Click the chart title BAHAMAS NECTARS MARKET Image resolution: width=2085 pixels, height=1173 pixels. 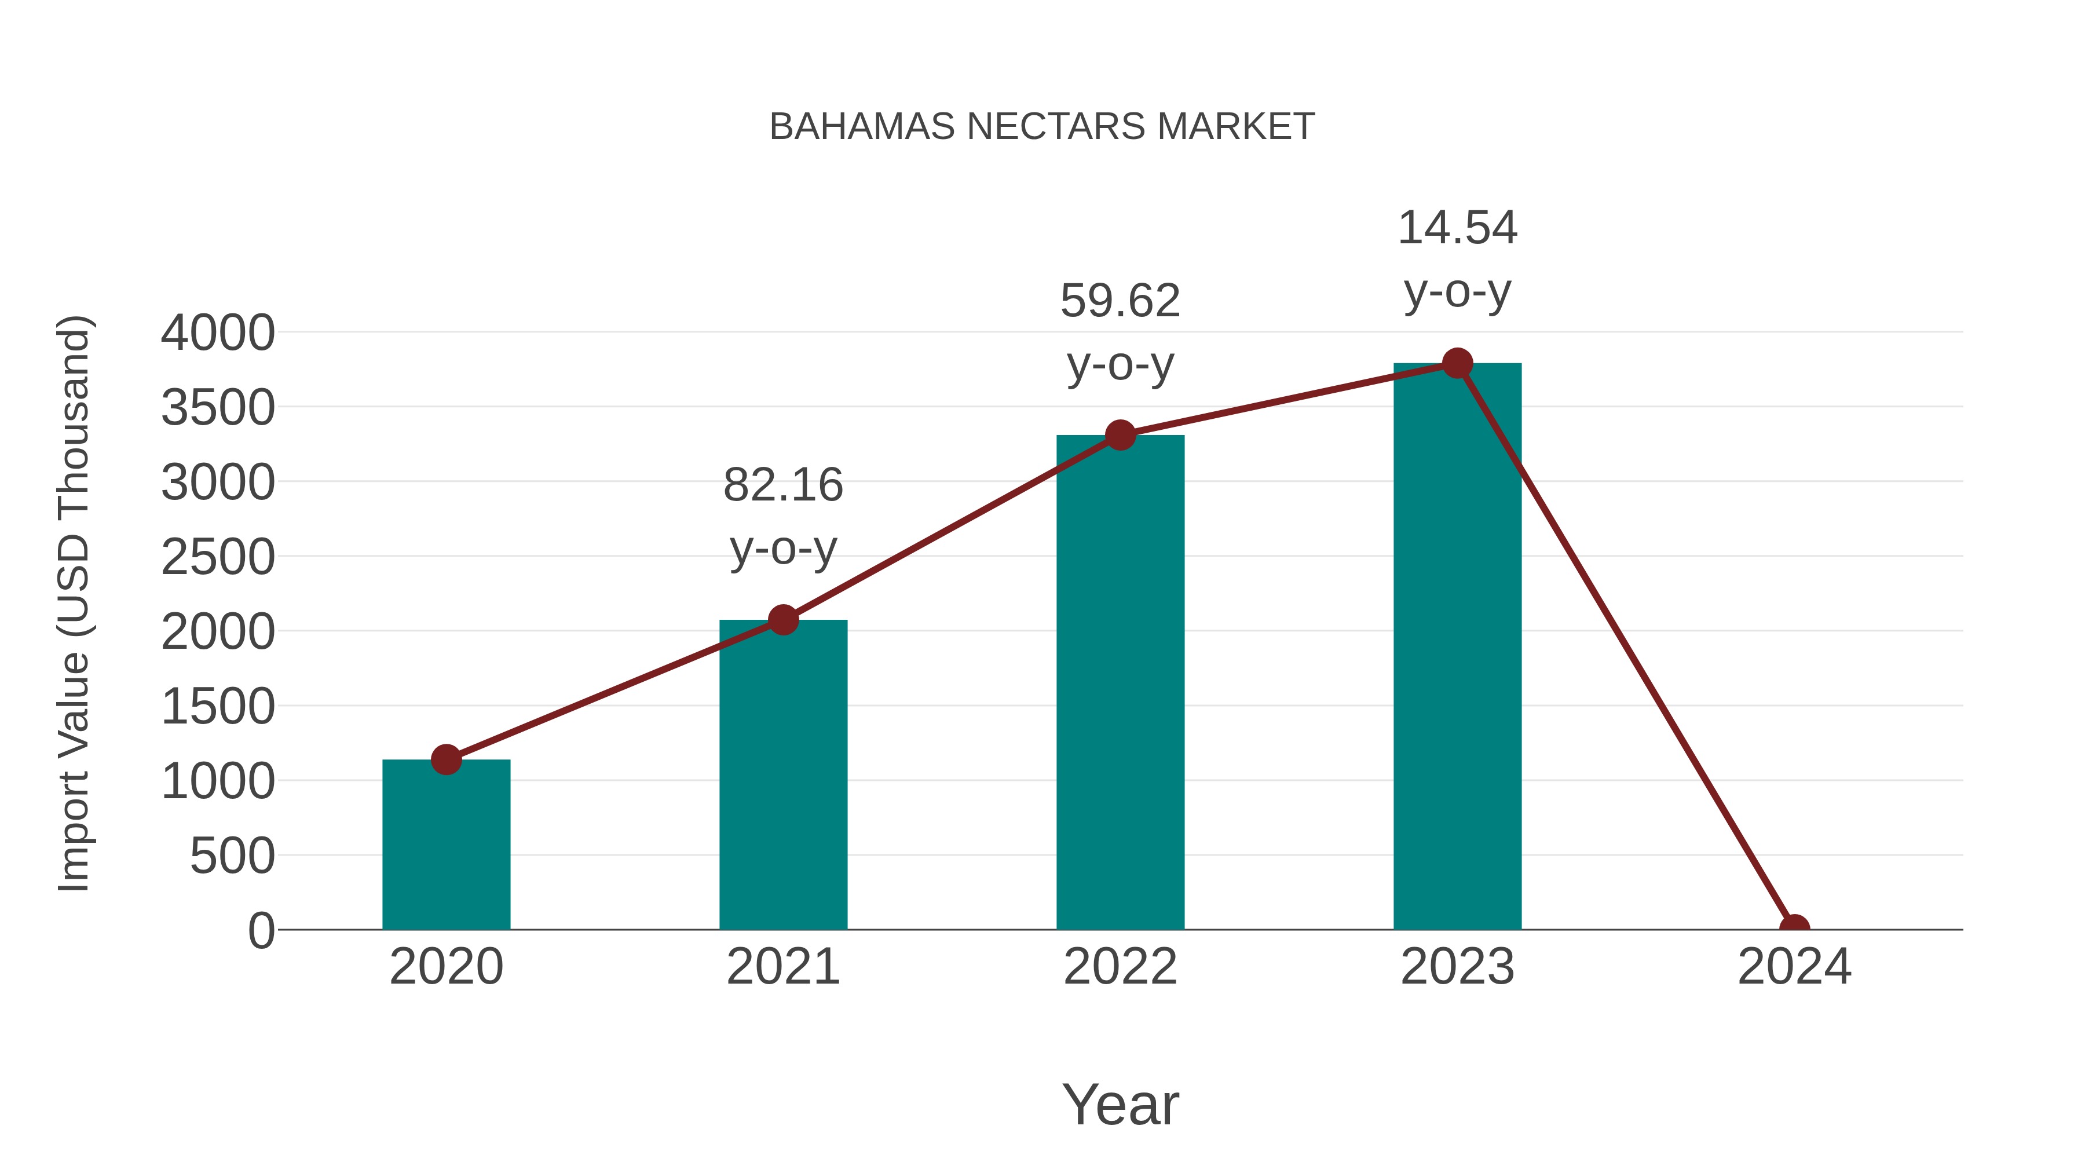coord(1042,126)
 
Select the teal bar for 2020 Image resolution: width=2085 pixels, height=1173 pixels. coord(446,846)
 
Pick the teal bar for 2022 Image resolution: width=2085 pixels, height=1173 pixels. coord(1120,684)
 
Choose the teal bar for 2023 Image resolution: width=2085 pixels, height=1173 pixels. coord(1457,648)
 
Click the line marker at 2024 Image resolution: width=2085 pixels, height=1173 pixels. coord(1794,928)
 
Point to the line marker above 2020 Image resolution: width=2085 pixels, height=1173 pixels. coord(446,759)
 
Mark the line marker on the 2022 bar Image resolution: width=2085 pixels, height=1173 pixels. coord(1120,436)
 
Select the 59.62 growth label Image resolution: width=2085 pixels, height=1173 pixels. coord(1120,301)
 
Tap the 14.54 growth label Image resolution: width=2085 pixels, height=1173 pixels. coord(1457,228)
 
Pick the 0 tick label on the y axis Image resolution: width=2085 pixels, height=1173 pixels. coord(261,930)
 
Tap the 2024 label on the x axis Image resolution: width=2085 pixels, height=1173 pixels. coord(1794,967)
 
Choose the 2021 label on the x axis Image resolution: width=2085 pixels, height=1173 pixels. coord(782,967)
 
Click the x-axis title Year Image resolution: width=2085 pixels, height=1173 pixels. coord(1120,1104)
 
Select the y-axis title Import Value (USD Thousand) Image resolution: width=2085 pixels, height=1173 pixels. coord(73,603)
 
